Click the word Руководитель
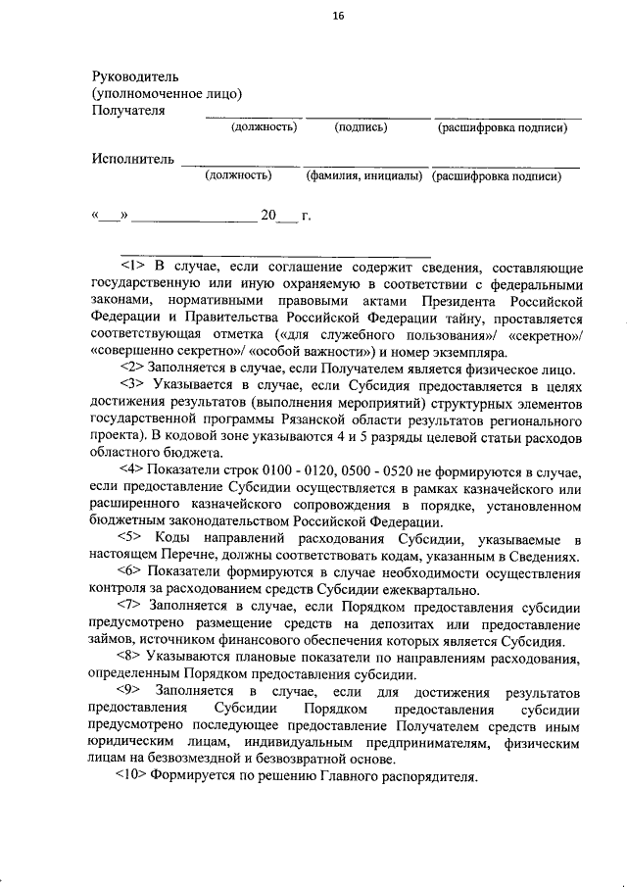click(135, 75)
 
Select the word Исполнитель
click(133, 159)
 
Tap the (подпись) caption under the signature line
click(361, 127)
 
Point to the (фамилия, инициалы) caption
click(362, 177)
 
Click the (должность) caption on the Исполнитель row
click(237, 177)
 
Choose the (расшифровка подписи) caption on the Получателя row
click(503, 127)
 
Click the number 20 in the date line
click(268, 216)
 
